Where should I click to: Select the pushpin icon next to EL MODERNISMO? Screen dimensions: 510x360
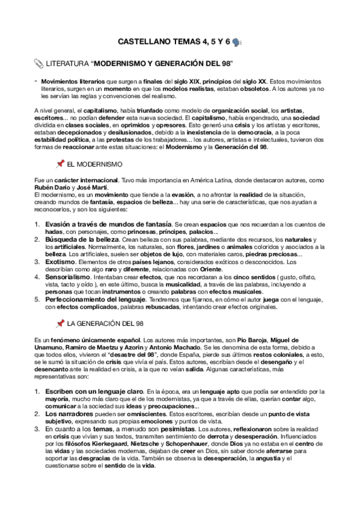60,164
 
